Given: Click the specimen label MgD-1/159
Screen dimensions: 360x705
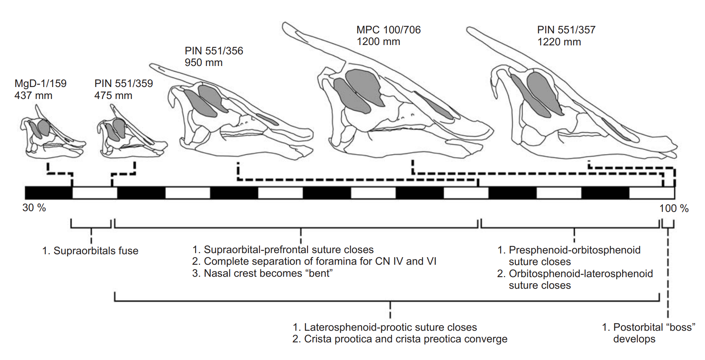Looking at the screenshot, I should (x=41, y=83).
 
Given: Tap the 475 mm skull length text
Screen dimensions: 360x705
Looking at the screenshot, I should (x=113, y=96).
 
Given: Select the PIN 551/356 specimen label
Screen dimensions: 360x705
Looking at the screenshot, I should (x=214, y=51).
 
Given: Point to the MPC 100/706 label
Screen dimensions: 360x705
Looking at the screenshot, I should (x=388, y=30).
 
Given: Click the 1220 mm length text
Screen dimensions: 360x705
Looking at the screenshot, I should (x=559, y=42).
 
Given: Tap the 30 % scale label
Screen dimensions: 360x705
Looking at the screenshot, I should (x=34, y=208).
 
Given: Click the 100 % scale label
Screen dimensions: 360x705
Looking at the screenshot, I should (x=674, y=208).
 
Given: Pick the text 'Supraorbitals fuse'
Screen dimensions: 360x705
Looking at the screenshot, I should (x=96, y=250).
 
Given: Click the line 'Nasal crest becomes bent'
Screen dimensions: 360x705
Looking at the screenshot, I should (x=268, y=273).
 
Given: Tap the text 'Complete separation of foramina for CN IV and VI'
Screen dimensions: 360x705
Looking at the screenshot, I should (x=320, y=261).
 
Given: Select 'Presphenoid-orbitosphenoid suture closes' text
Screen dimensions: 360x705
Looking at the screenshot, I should (x=574, y=256).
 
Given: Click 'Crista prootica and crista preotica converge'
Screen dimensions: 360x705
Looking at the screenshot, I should (x=405, y=339).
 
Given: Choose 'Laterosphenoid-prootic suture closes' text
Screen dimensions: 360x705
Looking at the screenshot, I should (x=390, y=327).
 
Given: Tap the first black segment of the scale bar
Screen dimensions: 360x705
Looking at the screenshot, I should (x=48, y=193).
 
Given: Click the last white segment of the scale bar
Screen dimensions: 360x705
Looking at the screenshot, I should (x=651, y=193).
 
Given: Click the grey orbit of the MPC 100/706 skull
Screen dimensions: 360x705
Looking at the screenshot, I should (x=362, y=86).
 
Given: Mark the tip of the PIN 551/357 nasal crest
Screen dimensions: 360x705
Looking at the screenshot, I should (x=469, y=29).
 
